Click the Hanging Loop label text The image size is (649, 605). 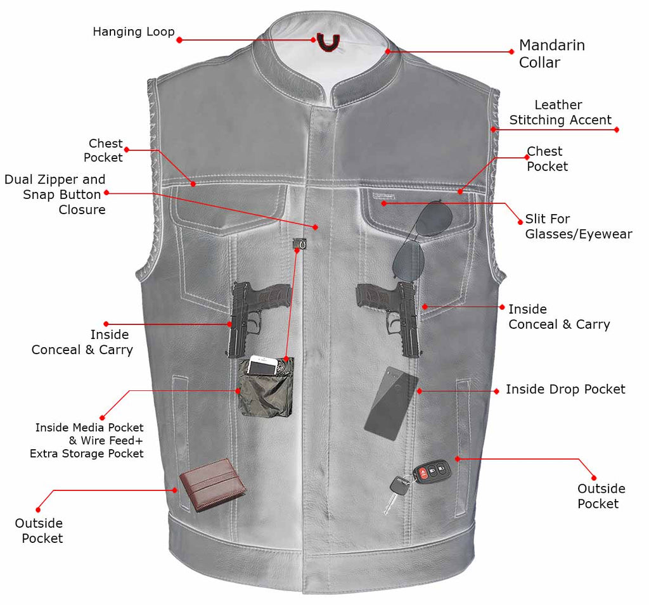tap(133, 32)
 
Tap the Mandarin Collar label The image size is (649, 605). tap(551, 54)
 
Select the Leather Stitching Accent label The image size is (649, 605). tap(560, 113)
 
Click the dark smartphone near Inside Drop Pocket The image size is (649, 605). tap(391, 404)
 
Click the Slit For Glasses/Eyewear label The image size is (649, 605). tap(578, 227)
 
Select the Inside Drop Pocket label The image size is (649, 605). tap(565, 390)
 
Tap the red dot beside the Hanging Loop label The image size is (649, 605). tap(179, 40)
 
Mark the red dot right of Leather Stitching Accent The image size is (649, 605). tap(617, 129)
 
